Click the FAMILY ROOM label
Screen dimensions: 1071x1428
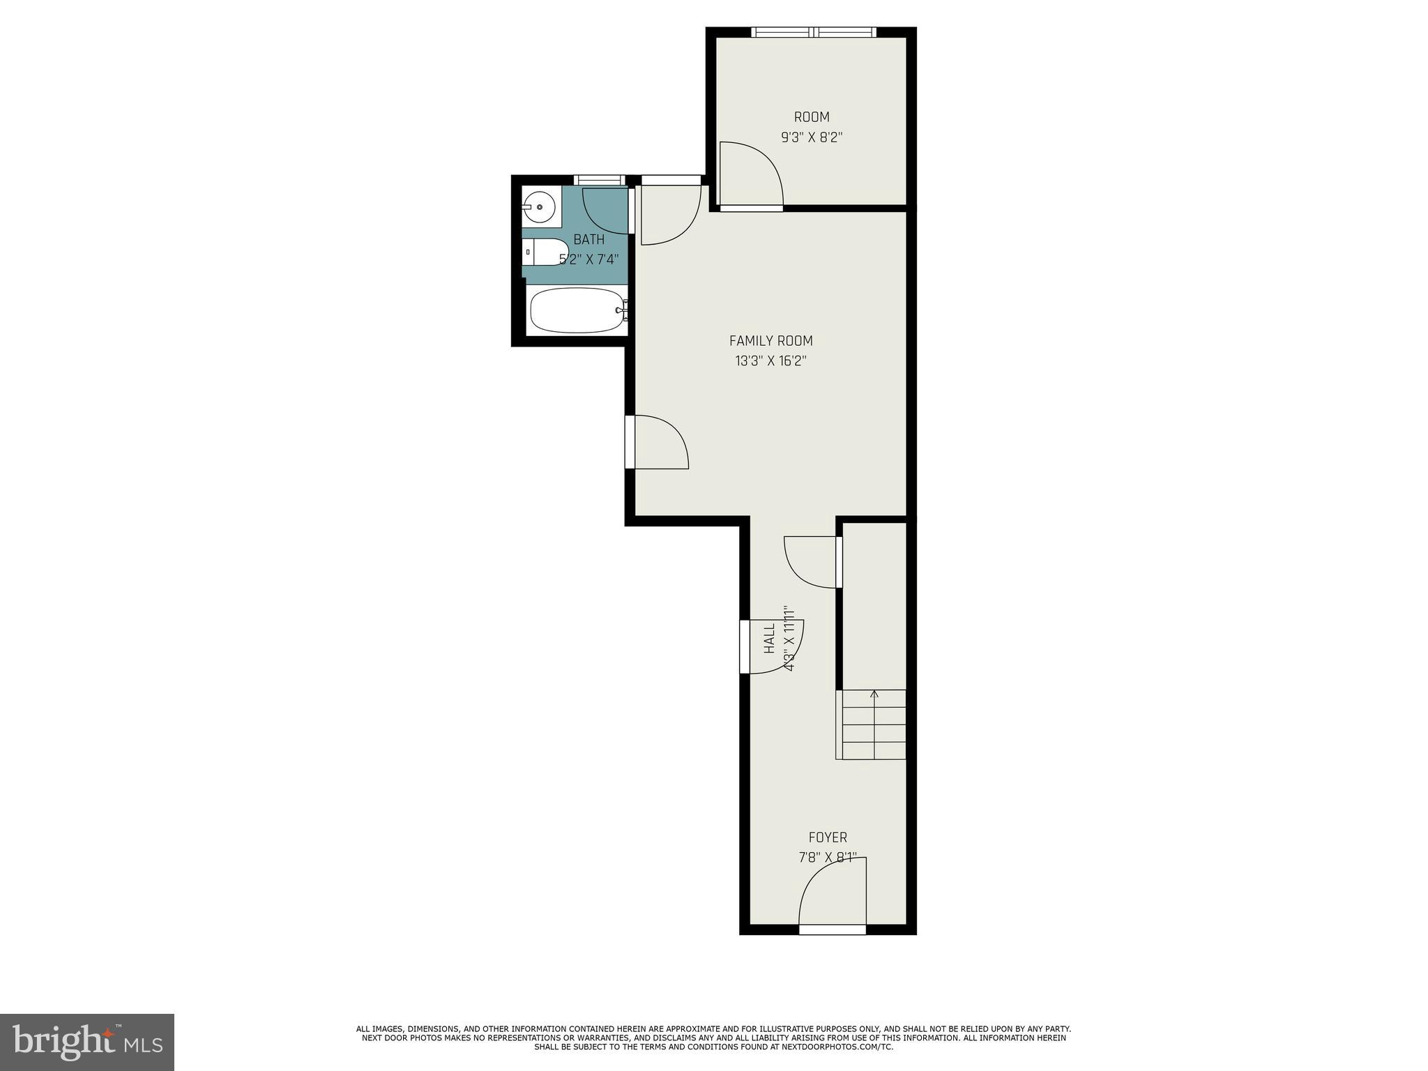tap(770, 341)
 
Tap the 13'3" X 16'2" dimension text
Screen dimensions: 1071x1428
tap(770, 361)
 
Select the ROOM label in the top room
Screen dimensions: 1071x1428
tap(812, 117)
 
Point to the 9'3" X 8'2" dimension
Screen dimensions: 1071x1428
tap(812, 137)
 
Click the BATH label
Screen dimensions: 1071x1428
tap(588, 240)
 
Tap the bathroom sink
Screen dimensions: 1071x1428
tap(539, 207)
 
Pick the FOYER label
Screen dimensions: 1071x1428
tap(828, 837)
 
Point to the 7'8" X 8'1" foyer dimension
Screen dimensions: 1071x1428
tap(828, 858)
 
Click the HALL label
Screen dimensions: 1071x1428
tap(770, 638)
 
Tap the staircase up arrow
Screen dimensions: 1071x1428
tap(874, 694)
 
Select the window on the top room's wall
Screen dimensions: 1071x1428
tap(814, 32)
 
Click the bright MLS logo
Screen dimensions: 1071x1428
tap(87, 1042)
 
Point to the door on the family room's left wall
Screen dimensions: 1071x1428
tap(655, 442)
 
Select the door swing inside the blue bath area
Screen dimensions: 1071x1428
tap(605, 209)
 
